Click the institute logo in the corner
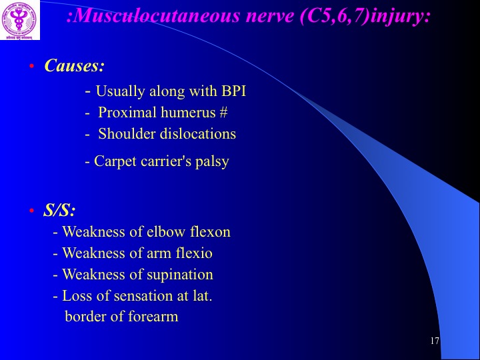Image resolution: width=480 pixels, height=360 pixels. [x=20, y=20]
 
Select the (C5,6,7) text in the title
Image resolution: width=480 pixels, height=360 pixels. [x=334, y=17]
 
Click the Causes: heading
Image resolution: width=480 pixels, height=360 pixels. [x=75, y=65]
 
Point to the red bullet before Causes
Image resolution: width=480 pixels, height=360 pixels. [x=31, y=66]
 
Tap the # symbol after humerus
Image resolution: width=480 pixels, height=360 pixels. [x=223, y=113]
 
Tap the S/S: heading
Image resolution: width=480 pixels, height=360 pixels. [x=59, y=210]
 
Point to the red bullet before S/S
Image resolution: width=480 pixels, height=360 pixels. [x=31, y=211]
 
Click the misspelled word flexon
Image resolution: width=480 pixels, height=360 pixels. [x=210, y=231]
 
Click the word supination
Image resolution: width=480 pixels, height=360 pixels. [x=180, y=275]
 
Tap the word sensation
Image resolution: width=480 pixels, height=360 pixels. [x=143, y=296]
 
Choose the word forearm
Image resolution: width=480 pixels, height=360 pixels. [x=153, y=316]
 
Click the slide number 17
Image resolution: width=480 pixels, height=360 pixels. [x=435, y=341]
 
